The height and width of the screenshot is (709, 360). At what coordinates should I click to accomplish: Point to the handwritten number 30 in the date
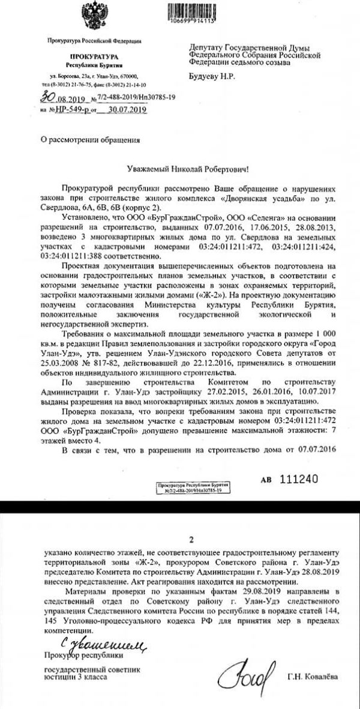point(47,95)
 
